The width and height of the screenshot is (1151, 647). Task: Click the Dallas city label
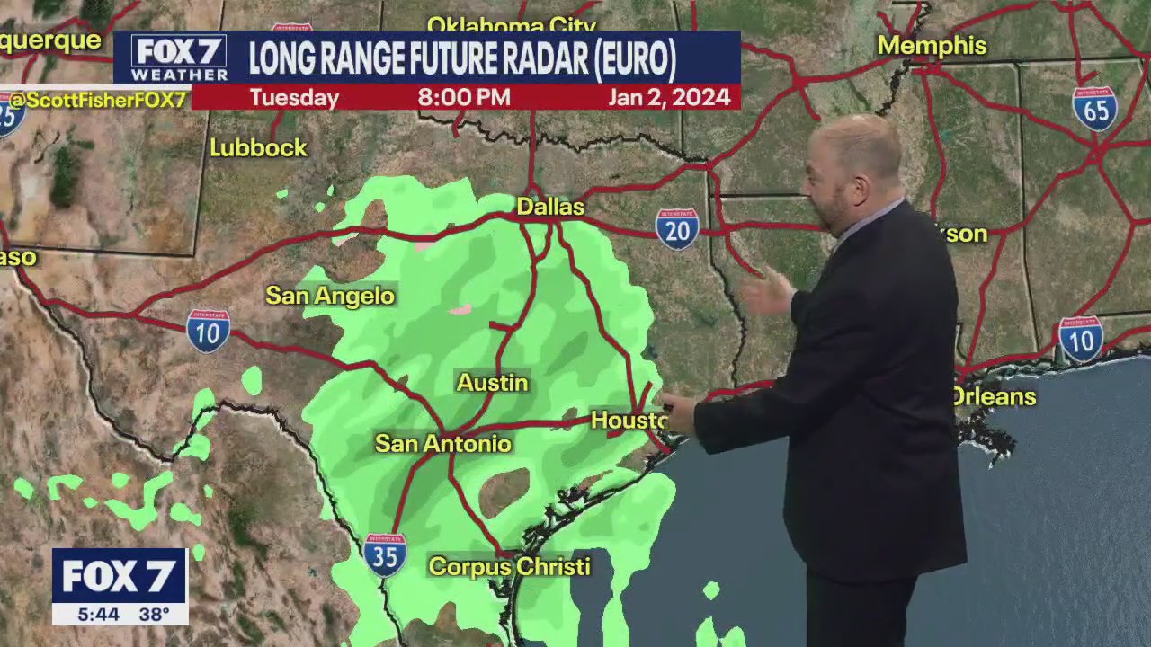tap(550, 207)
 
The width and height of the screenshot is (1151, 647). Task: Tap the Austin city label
tap(492, 383)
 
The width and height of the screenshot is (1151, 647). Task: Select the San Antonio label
tap(442, 443)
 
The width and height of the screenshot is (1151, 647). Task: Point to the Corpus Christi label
tap(509, 566)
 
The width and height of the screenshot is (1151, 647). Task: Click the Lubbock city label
tap(258, 148)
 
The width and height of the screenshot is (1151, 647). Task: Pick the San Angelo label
tap(330, 296)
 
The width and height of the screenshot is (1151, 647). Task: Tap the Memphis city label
tap(932, 46)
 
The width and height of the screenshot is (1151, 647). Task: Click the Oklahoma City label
tap(499, 23)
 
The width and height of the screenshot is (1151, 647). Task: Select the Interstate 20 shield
tap(677, 228)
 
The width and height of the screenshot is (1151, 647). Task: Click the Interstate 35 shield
tap(385, 554)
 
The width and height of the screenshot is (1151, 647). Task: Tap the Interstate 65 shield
tap(1094, 109)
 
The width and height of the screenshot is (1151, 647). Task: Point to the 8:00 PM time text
tap(464, 97)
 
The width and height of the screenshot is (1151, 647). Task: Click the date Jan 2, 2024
tap(669, 97)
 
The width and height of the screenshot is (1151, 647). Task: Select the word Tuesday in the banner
tap(294, 97)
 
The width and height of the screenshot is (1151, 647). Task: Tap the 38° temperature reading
tap(154, 615)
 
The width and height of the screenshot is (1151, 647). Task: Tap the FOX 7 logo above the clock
tap(119, 576)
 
